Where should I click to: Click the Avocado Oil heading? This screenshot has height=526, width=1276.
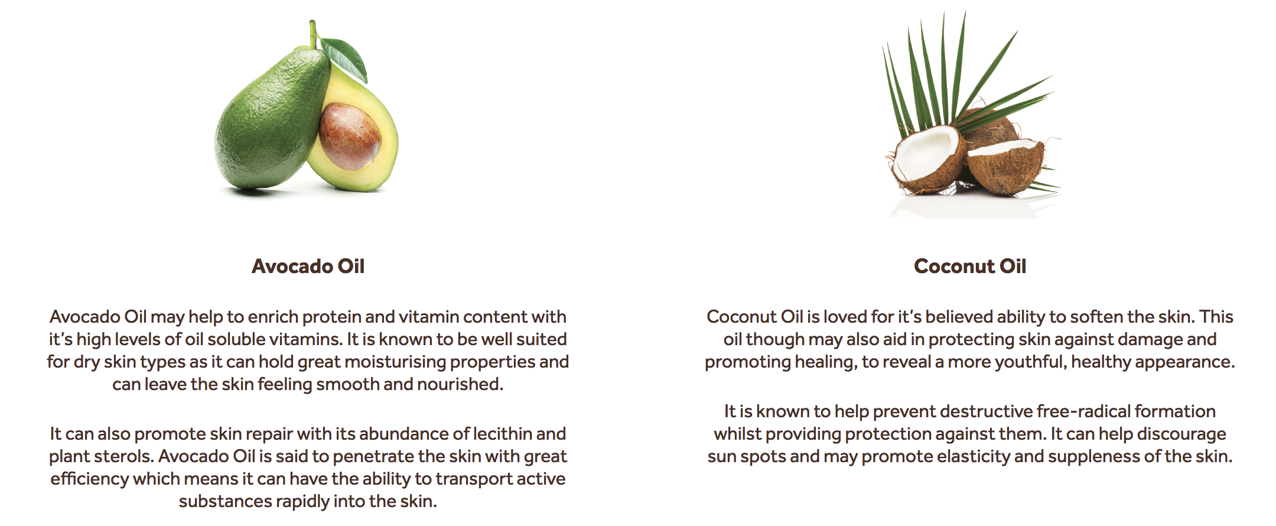point(308,266)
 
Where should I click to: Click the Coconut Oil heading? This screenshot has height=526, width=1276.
point(970,266)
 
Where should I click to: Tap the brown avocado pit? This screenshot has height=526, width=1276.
point(350,137)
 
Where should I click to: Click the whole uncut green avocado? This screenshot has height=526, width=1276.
point(272,118)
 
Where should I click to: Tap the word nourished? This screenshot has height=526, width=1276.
point(460,384)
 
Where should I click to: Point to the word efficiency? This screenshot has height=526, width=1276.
point(89,479)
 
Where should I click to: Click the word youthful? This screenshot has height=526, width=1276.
point(1030,362)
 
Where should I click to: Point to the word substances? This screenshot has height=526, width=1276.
point(225,501)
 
